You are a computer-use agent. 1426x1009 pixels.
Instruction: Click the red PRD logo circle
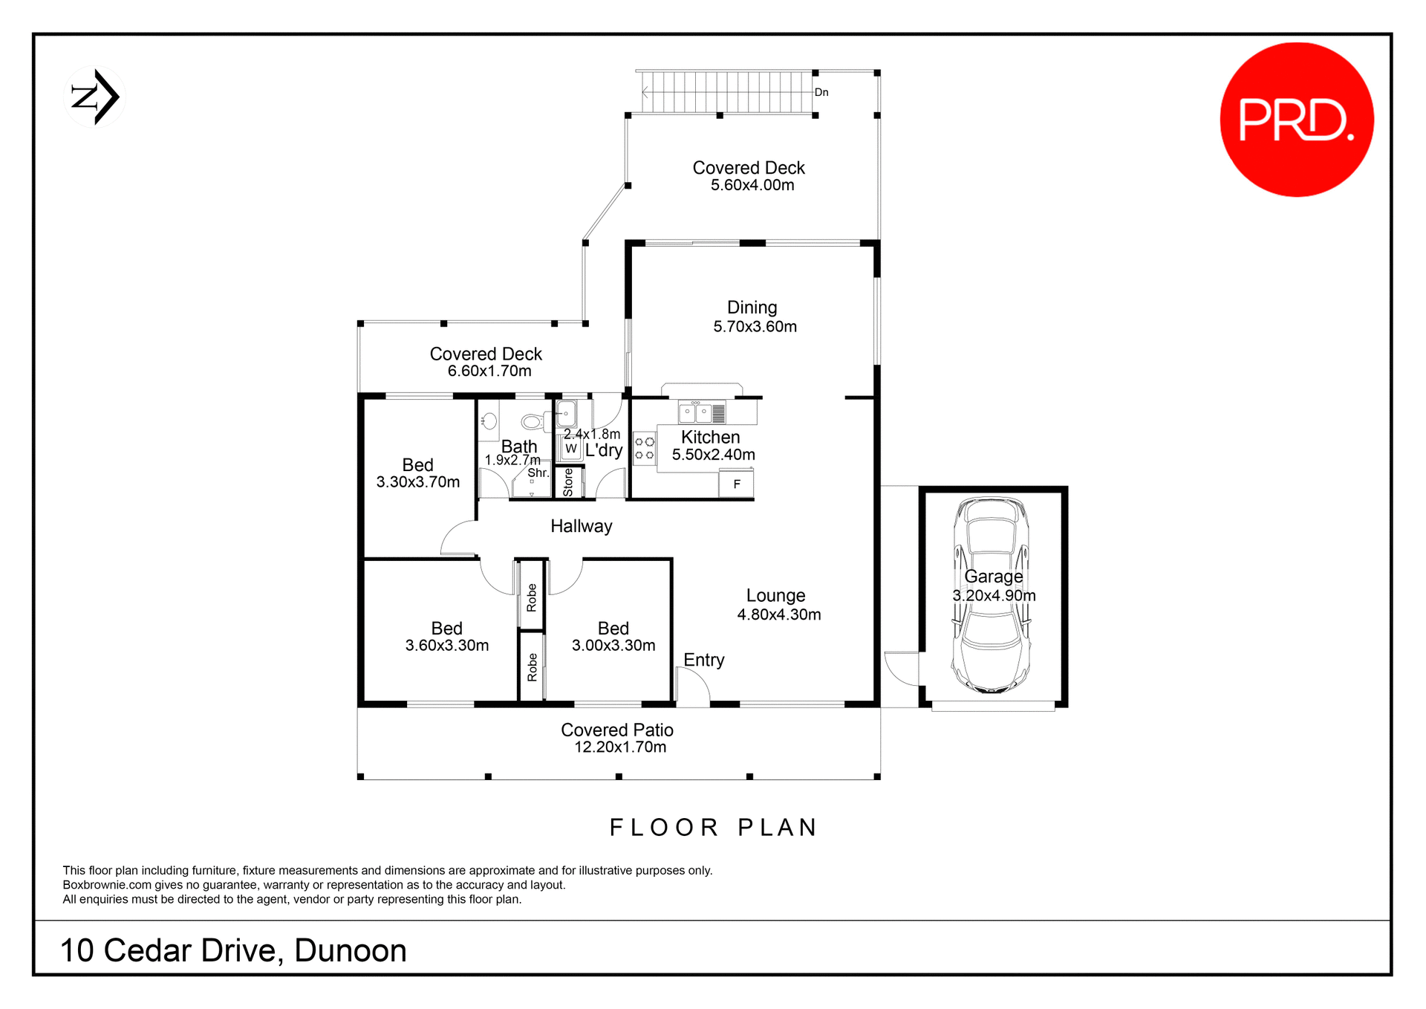1296,120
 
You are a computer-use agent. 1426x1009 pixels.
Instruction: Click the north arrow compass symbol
95,97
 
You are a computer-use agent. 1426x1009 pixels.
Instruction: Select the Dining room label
752,308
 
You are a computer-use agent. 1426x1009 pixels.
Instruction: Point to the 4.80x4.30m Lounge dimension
778,615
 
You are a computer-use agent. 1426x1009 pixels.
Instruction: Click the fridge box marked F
736,484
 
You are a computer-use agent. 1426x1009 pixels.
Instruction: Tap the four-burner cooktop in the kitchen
644,448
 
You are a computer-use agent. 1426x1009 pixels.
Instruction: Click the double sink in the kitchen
695,412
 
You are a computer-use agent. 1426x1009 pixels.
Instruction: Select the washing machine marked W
570,449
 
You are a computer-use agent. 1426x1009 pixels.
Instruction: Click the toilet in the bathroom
533,422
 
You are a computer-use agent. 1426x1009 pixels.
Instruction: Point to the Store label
568,482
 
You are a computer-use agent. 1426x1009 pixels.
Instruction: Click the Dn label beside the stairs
821,93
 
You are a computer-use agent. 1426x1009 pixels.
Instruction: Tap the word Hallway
581,527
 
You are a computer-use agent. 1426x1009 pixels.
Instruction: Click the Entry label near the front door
703,660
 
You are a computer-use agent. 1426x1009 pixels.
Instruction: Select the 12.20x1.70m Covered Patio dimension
619,747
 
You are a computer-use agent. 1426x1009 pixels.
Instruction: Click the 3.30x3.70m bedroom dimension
417,482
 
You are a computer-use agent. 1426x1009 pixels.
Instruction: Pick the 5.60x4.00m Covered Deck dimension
752,186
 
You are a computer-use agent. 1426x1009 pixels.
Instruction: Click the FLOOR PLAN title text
713,828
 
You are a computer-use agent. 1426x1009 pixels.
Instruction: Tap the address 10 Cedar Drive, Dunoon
233,951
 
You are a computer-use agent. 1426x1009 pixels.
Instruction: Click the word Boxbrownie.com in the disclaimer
107,885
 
